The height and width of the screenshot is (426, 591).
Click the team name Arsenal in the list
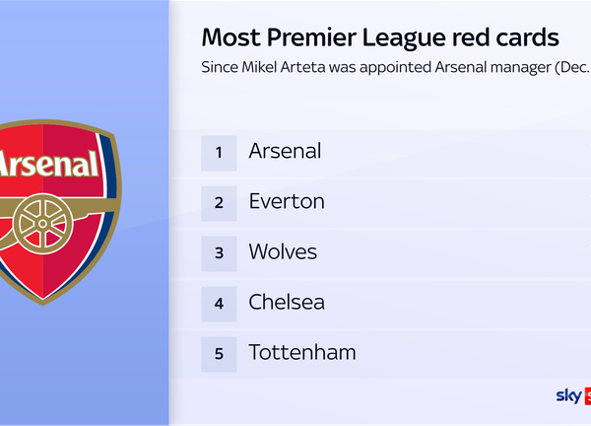coord(285,151)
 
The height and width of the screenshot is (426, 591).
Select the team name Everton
coord(287,201)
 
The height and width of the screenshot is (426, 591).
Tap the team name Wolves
coord(283,251)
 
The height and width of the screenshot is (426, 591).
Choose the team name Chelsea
coord(287,302)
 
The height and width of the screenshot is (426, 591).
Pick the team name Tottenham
coord(302,352)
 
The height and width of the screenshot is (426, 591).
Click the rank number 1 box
coord(219,152)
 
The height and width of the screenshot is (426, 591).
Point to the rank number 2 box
coord(219,202)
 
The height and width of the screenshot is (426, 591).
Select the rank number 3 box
coord(219,252)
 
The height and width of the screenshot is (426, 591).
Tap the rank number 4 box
coord(219,303)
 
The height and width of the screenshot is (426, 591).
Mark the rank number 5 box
coord(219,353)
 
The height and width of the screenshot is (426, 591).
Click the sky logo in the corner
coord(569,396)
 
